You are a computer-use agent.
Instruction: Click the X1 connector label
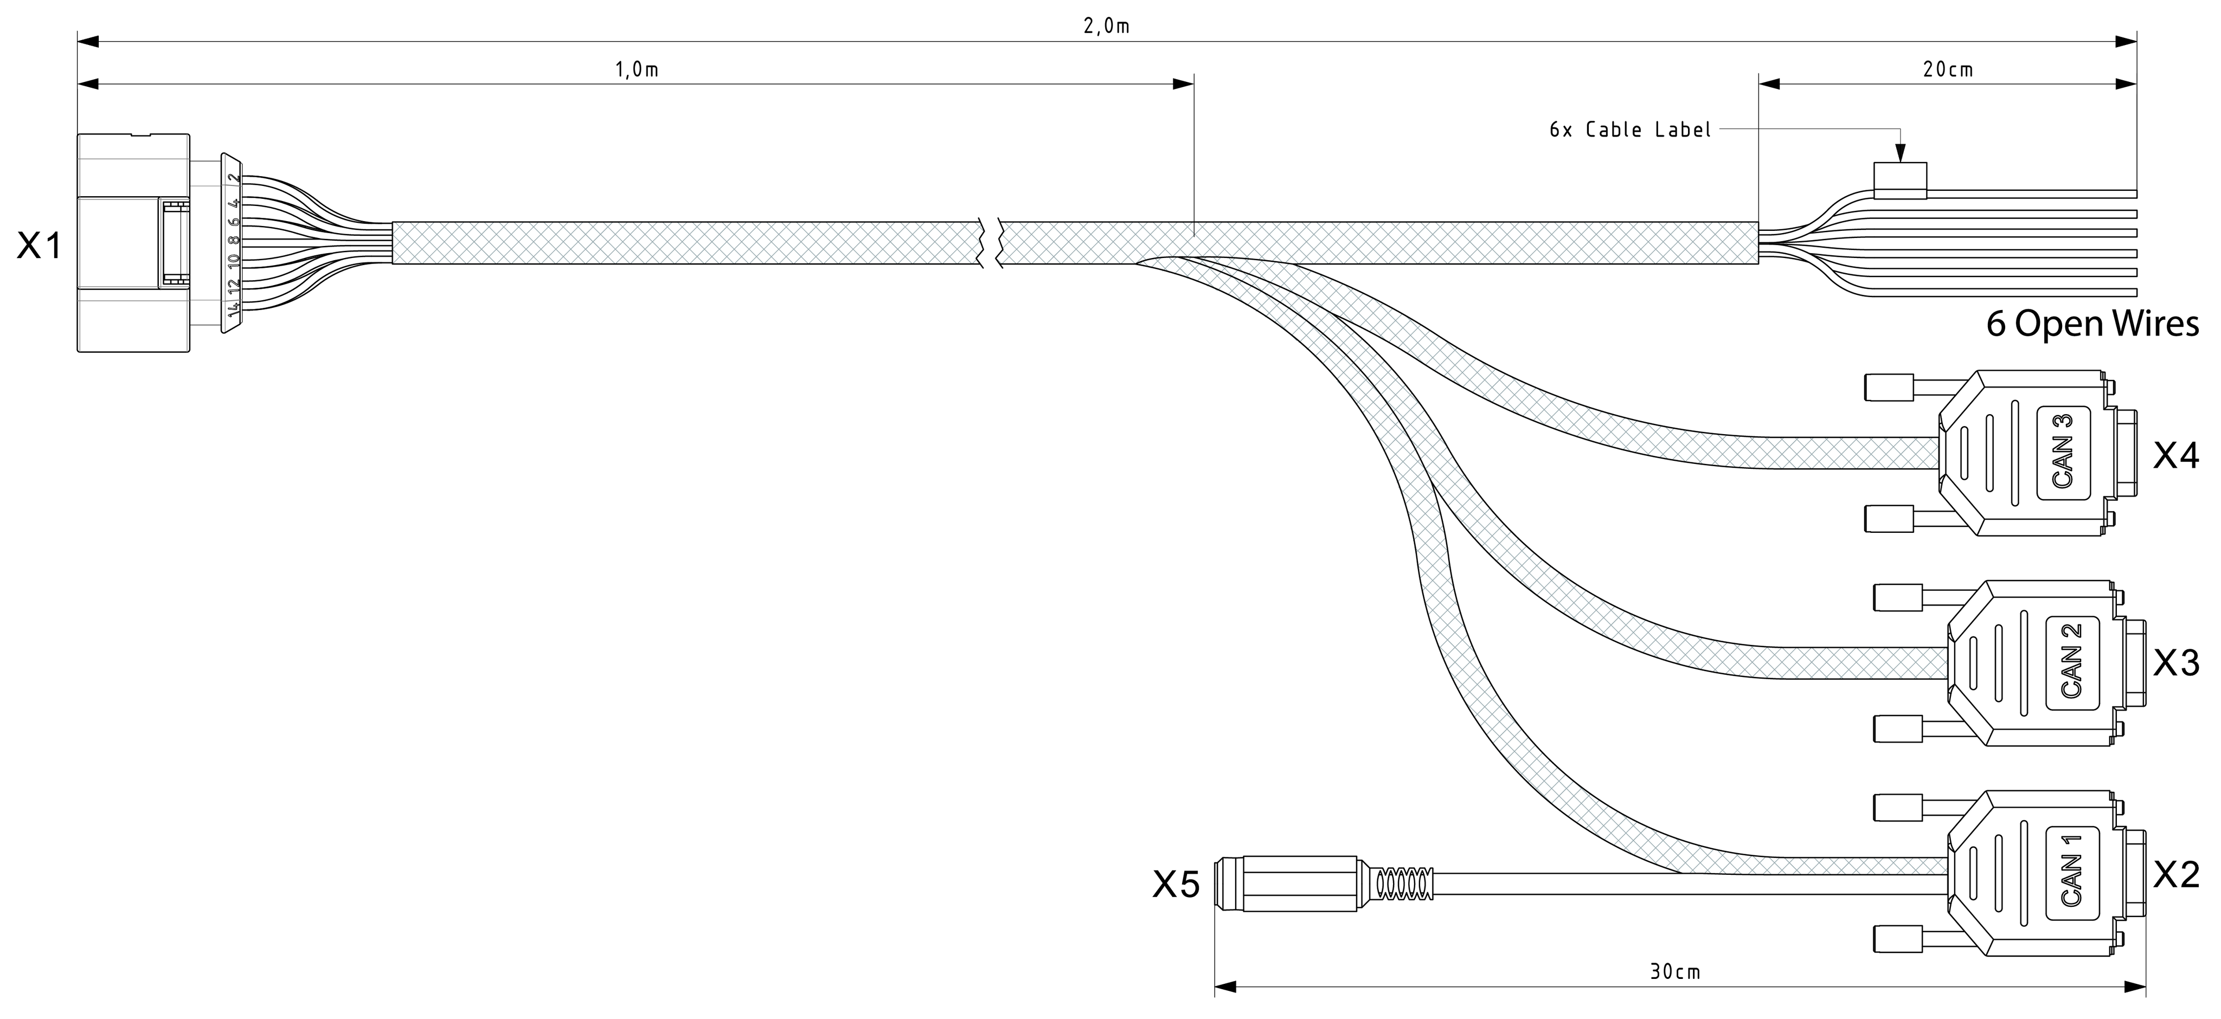tap(40, 247)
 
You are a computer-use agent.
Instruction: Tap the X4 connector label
tap(2176, 456)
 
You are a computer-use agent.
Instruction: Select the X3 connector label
tap(2176, 663)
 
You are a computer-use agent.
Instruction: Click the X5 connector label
tap(1176, 885)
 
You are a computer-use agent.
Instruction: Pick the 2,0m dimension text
tap(1106, 27)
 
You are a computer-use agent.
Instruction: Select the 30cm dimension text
tap(1675, 972)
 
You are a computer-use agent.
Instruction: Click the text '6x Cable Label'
tap(1629, 130)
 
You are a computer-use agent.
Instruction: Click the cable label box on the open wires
tap(1900, 181)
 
